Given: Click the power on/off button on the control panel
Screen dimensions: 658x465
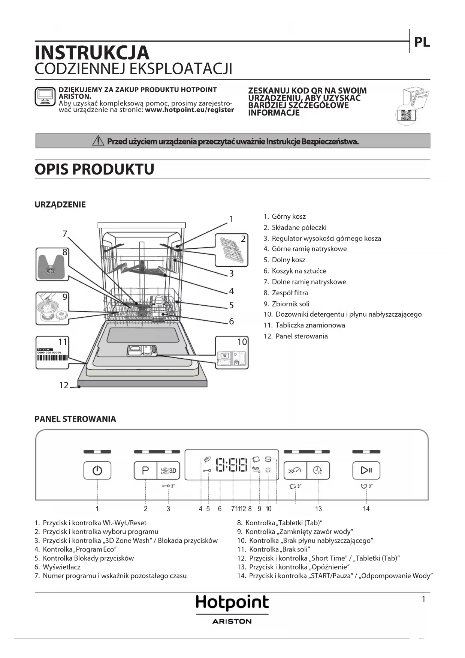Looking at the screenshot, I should click(x=97, y=470).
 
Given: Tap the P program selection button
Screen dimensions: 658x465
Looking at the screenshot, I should click(x=145, y=470).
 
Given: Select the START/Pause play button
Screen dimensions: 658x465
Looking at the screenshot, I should click(x=366, y=470).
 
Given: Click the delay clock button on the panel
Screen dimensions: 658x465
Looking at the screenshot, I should click(x=318, y=470).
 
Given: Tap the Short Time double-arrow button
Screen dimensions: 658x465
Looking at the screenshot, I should click(x=295, y=470).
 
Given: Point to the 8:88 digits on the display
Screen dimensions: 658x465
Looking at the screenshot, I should click(x=232, y=465).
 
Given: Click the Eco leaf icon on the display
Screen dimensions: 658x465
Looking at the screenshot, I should click(x=207, y=460).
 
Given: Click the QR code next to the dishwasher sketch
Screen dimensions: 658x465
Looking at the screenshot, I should click(x=406, y=115).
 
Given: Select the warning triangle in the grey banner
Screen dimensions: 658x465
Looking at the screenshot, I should click(x=98, y=141).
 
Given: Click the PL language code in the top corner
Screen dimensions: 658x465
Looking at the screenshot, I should click(x=422, y=42).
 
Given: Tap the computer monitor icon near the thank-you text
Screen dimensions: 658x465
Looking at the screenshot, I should click(x=45, y=96).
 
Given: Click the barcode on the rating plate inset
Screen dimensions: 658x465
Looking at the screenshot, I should click(x=52, y=358).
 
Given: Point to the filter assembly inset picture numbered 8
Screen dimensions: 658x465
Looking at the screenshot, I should click(x=52, y=264).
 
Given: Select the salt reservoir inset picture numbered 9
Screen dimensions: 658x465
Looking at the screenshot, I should click(x=52, y=308).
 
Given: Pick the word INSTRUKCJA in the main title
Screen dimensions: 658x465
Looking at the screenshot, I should click(x=92, y=53).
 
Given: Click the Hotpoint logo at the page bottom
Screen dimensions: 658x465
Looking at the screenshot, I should click(x=232, y=603).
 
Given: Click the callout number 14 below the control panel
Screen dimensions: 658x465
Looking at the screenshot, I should click(x=366, y=509).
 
